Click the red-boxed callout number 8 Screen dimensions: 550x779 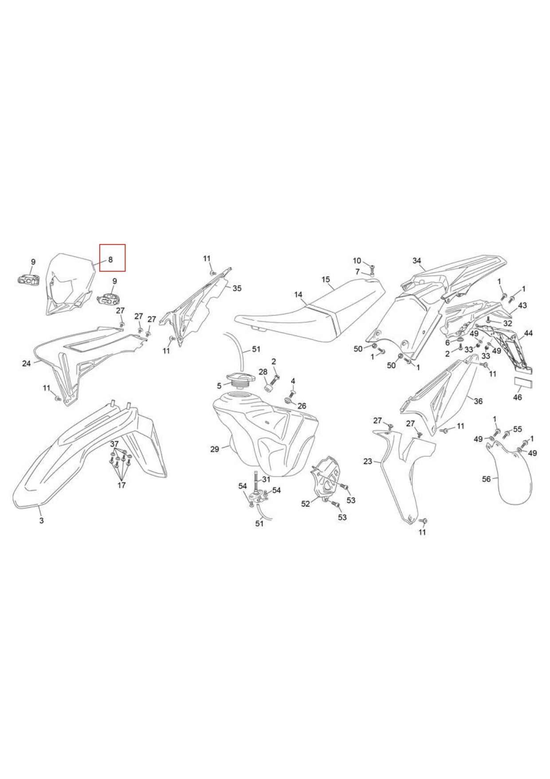110,260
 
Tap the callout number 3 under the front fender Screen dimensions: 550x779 41,520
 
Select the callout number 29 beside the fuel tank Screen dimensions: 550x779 215,449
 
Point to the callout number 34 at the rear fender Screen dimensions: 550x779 417,261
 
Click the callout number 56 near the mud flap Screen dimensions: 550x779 487,479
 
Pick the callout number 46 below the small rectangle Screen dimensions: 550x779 518,397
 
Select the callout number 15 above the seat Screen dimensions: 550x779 326,279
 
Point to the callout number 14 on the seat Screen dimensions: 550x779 298,294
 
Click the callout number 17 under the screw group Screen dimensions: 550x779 122,485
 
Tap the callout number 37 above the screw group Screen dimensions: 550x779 114,444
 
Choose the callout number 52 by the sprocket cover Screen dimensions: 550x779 306,504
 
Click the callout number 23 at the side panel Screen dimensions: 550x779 368,462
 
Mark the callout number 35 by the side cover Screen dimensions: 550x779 237,289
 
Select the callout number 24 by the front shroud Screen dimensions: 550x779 27,364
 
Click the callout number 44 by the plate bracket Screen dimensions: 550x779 529,333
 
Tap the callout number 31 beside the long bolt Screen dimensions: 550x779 266,479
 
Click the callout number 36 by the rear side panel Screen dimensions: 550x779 478,401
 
